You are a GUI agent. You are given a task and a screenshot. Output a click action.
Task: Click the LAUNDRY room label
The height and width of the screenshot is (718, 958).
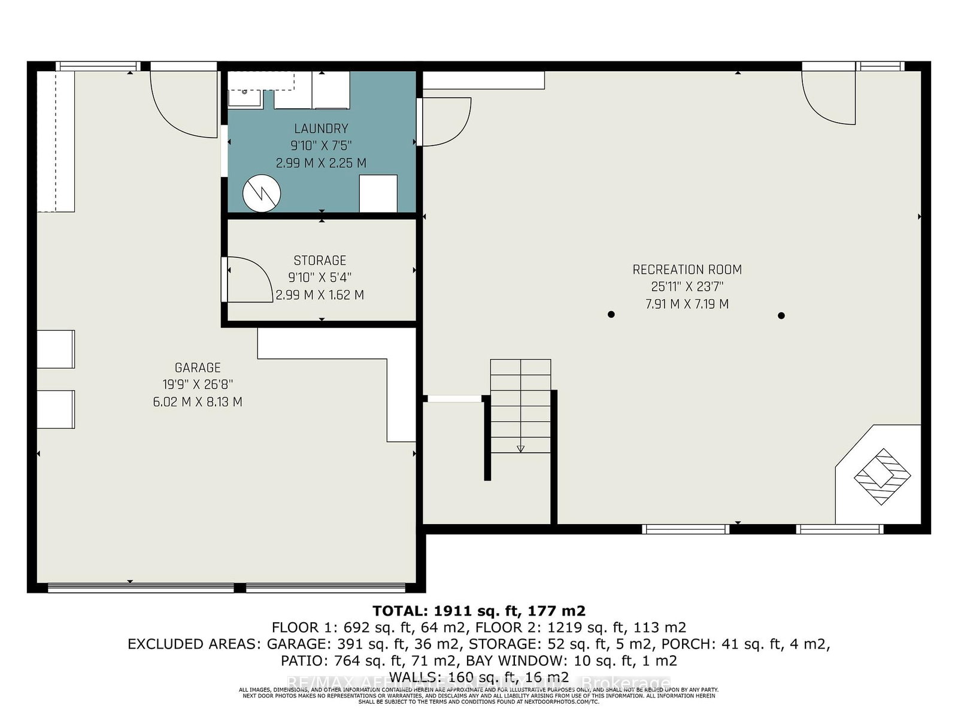pos(321,129)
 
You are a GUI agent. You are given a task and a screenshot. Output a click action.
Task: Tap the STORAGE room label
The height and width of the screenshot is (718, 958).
pos(320,260)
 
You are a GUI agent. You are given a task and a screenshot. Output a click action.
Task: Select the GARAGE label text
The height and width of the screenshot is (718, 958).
pos(198,368)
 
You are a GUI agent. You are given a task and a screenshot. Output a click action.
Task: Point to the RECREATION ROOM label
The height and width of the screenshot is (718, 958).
pos(687,270)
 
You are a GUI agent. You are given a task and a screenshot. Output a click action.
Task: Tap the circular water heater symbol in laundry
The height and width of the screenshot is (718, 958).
pos(262,193)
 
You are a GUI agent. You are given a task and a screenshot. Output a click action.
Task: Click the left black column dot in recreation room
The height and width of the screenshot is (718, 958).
pos(611,314)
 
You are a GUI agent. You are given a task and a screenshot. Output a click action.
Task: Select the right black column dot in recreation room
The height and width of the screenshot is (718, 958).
pos(781,315)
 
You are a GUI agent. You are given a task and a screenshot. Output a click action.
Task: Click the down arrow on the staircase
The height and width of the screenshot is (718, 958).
pos(520,447)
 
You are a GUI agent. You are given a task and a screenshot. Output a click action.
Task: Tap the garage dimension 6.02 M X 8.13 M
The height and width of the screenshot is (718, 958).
pos(198,402)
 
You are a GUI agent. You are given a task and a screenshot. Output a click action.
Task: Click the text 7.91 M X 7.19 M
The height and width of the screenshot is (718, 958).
pos(687,304)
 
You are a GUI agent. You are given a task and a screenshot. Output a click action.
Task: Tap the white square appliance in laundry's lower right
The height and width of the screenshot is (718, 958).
pos(378,193)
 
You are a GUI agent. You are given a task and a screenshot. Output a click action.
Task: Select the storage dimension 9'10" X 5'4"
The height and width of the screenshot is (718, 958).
pos(320,278)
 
